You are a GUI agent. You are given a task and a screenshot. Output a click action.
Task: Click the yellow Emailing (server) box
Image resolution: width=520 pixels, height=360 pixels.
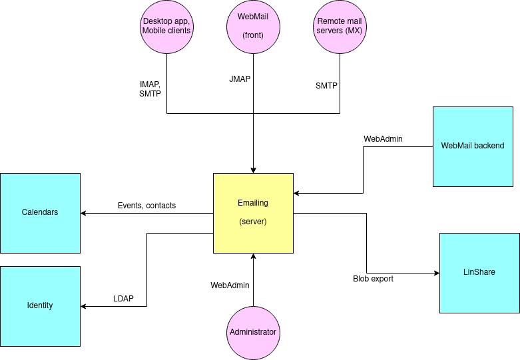click(253, 213)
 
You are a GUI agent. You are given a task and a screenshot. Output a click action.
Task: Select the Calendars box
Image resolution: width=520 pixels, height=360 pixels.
click(40, 213)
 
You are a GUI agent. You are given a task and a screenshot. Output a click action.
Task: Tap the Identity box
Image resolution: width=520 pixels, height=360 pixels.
click(40, 306)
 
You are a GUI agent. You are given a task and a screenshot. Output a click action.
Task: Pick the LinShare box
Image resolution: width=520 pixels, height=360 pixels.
click(479, 273)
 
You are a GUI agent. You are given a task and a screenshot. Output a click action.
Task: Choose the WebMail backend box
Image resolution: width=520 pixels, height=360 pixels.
click(473, 146)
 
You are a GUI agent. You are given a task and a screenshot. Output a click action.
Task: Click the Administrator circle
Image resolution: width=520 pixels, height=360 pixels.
click(253, 332)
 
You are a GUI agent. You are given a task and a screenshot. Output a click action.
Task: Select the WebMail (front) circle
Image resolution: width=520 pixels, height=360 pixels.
click(253, 27)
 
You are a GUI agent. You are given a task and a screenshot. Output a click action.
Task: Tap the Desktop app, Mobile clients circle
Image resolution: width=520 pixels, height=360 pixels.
click(166, 27)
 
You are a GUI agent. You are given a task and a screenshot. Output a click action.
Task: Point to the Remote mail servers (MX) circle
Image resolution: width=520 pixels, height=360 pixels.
click(340, 27)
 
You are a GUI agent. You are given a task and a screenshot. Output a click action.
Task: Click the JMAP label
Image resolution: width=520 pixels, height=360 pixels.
click(240, 79)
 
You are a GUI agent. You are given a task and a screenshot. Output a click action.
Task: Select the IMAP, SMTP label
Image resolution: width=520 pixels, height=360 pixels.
click(150, 90)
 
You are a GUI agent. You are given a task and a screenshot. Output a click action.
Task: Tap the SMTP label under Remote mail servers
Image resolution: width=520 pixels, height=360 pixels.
click(326, 86)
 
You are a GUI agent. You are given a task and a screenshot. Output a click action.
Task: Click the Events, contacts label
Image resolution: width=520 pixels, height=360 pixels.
click(146, 206)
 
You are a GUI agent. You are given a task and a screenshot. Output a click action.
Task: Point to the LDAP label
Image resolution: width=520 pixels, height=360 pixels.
click(123, 299)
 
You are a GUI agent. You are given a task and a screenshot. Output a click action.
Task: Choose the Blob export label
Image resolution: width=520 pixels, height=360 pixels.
click(373, 279)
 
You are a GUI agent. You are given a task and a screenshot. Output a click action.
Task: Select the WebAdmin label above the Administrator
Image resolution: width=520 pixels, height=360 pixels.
click(230, 285)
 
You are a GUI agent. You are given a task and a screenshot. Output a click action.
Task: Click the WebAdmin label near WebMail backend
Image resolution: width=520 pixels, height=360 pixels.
click(383, 139)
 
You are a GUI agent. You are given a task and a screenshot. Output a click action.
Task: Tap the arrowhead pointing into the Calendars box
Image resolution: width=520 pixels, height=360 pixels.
click(84, 214)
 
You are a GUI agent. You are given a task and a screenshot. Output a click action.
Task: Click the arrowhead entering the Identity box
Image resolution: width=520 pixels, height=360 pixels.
click(84, 307)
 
